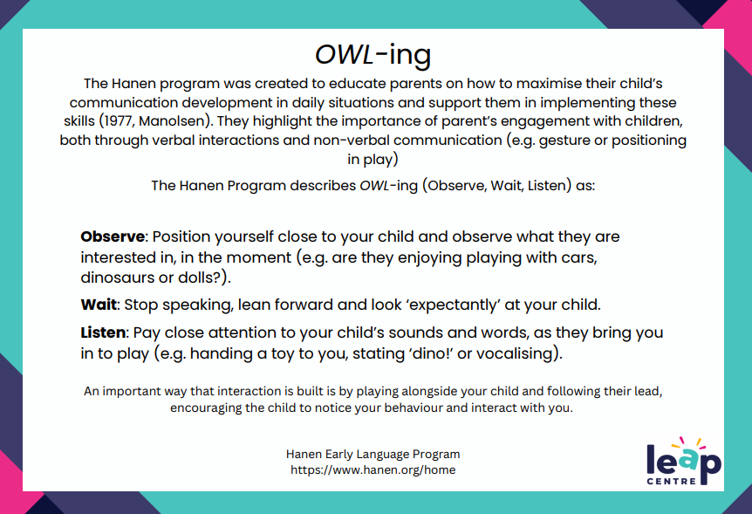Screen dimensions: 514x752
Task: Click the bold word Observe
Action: click(112, 236)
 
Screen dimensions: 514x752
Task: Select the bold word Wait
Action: click(99, 305)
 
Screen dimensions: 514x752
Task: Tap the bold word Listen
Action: click(104, 332)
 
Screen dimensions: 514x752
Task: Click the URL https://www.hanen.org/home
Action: click(373, 469)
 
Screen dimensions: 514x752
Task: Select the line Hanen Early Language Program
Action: click(373, 454)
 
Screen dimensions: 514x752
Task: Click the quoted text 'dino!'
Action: click(416, 353)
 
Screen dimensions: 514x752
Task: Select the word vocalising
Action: click(519, 353)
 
